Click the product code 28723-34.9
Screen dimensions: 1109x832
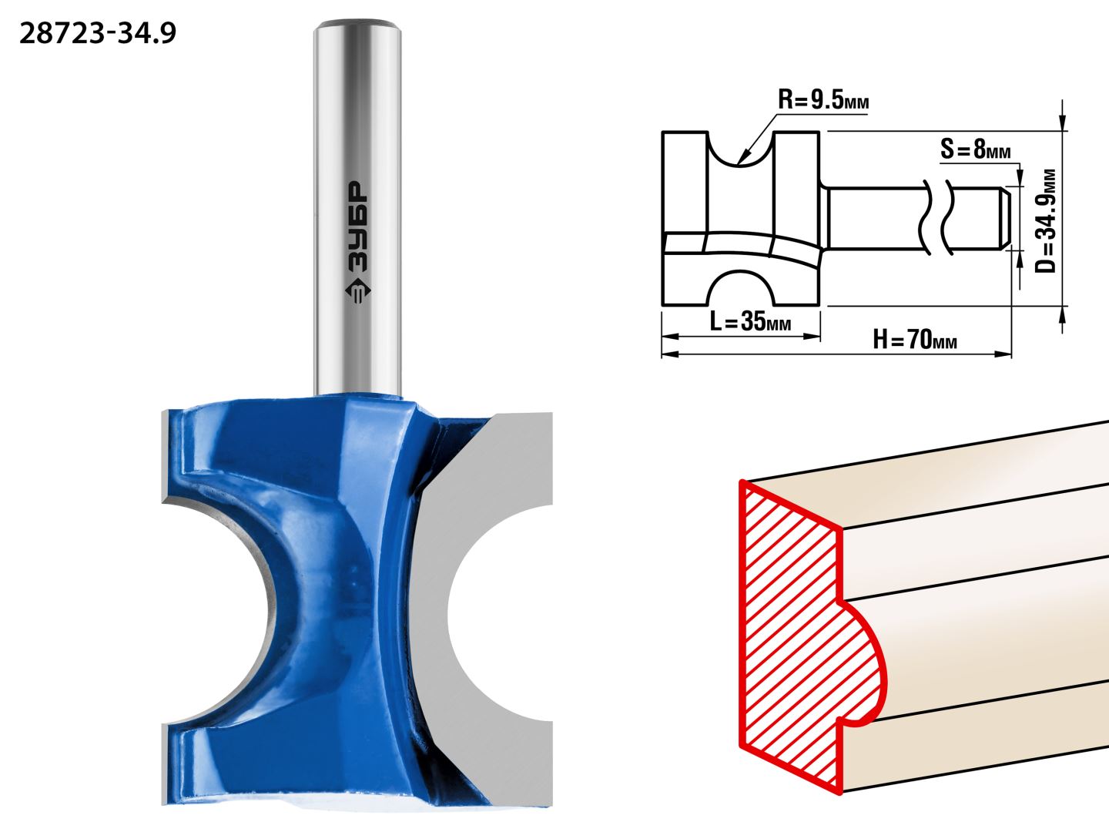98,34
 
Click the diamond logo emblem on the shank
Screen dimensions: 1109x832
358,291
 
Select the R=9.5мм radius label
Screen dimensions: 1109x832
823,100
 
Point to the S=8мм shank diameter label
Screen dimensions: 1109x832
976,149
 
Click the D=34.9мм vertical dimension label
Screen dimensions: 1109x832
1045,221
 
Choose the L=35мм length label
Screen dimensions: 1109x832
750,320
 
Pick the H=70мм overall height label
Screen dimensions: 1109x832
915,339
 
